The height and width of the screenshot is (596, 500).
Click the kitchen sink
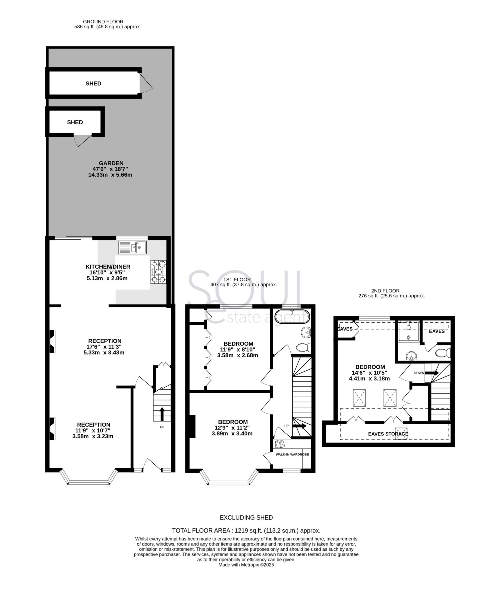[132, 247]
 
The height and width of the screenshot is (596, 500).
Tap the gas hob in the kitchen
[159, 272]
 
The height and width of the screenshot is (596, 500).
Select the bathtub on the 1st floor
[292, 317]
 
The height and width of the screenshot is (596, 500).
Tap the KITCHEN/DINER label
[108, 267]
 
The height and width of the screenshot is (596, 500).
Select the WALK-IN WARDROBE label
[292, 454]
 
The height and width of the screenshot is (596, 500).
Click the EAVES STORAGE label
[388, 434]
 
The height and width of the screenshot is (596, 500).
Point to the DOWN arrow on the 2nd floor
[432, 373]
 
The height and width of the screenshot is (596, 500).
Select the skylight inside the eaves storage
[401, 433]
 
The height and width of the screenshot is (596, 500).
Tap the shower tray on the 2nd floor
[409, 331]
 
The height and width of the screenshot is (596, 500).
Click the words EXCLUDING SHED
[246, 518]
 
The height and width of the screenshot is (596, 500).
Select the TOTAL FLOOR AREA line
[246, 531]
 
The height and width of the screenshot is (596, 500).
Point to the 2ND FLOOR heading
[385, 291]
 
